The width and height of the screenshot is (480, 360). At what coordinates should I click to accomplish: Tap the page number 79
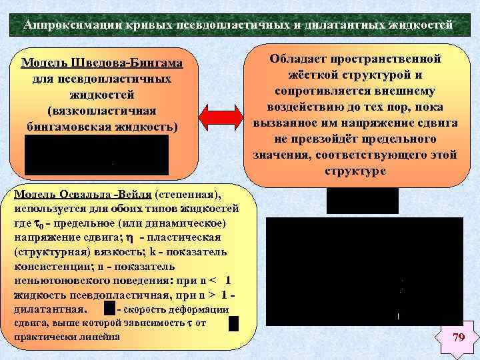click(x=458, y=338)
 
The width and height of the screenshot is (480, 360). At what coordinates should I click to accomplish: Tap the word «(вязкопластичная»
click(x=101, y=109)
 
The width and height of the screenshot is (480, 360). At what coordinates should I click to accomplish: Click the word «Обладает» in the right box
click(x=299, y=59)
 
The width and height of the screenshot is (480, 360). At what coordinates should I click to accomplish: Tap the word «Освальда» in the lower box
click(x=80, y=194)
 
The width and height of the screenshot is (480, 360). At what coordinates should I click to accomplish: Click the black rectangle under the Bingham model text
click(x=97, y=155)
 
